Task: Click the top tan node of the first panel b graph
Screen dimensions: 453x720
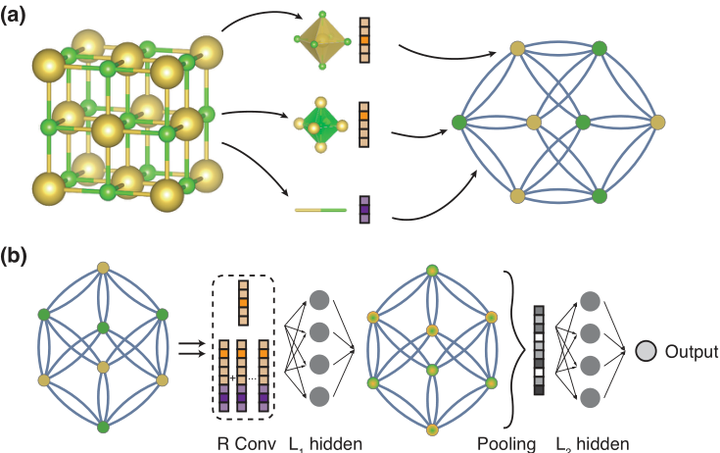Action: click(x=103, y=268)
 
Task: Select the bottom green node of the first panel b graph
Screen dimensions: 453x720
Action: click(x=103, y=428)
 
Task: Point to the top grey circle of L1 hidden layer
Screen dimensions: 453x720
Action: click(x=321, y=301)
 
